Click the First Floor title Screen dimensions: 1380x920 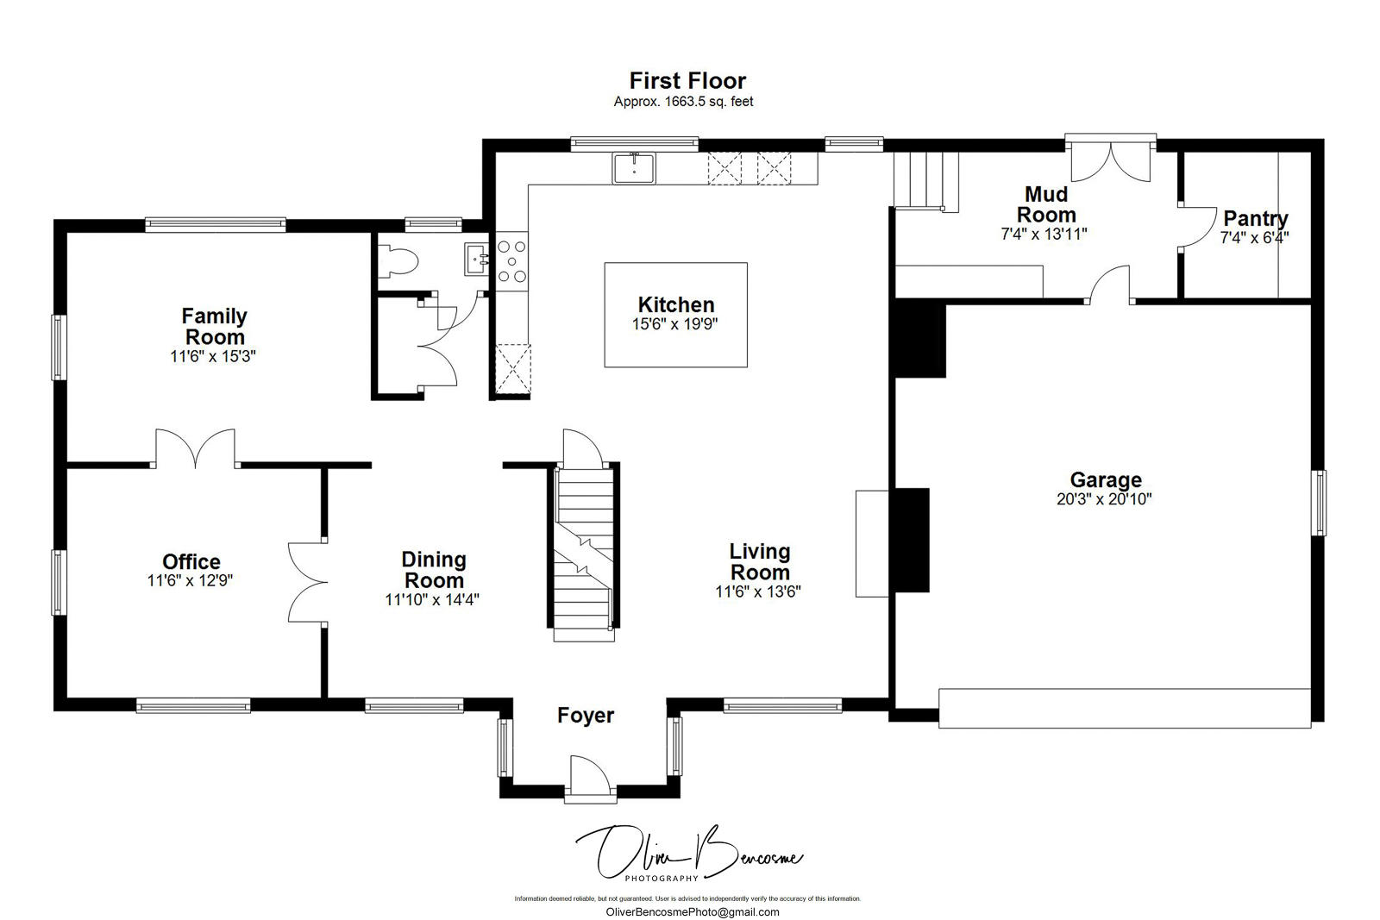coord(687,81)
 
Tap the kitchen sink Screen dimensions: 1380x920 coord(633,168)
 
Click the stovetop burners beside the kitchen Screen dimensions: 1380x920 coord(512,262)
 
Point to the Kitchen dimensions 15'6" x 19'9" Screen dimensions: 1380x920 coord(674,324)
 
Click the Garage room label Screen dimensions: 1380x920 coord(1106,479)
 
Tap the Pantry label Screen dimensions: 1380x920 coord(1256,218)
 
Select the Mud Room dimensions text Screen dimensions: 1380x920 coord(1044,234)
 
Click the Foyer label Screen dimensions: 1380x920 coord(586,715)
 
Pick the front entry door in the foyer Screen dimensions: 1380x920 coord(590,779)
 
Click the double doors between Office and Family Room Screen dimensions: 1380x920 coord(195,448)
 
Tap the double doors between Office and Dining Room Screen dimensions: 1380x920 coord(308,582)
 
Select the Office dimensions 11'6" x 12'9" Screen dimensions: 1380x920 coord(190,580)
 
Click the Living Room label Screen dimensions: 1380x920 coord(760,561)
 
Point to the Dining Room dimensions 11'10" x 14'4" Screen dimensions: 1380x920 coord(432,600)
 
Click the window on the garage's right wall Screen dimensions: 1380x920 coord(1318,503)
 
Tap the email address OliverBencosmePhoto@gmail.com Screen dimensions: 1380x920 coord(693,912)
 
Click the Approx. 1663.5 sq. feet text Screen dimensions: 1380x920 coord(683,102)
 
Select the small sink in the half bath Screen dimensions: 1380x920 coord(476,260)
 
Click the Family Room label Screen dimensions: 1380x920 coord(215,327)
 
